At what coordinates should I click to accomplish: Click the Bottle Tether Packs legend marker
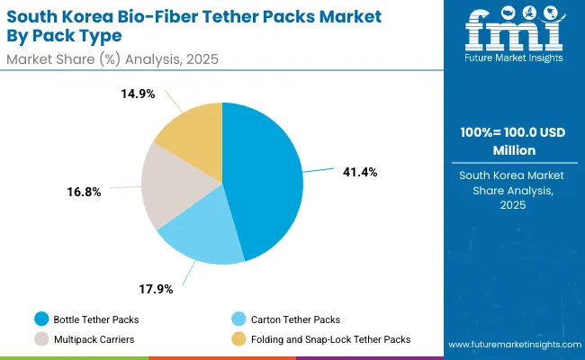coord(41,319)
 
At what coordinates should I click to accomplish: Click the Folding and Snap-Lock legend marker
coord(238,339)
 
